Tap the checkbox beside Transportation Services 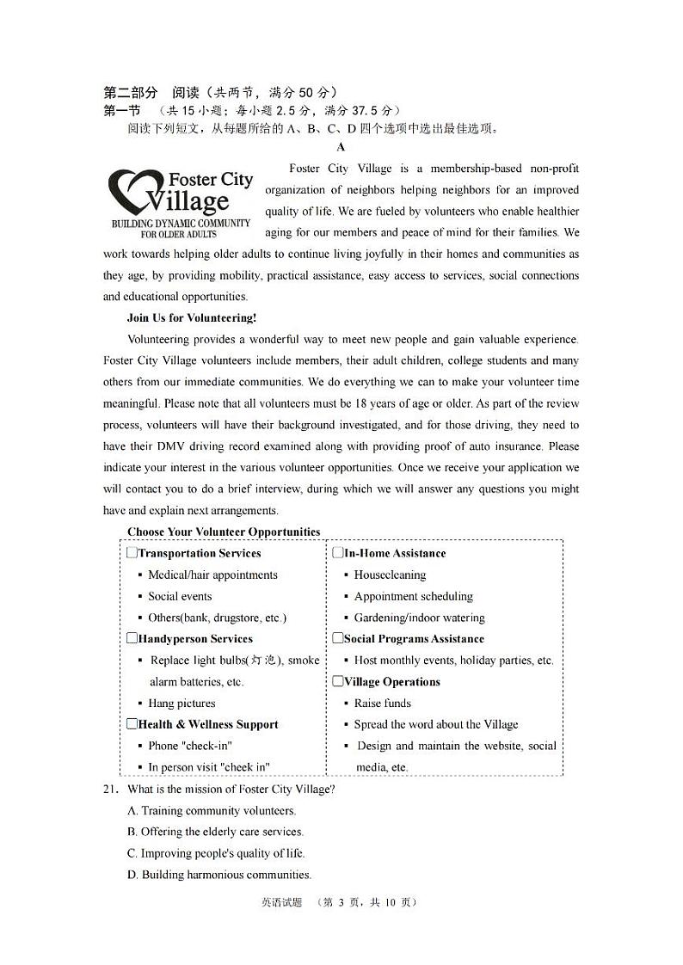132,553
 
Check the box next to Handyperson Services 132,638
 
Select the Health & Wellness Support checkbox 132,724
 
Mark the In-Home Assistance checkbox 338,553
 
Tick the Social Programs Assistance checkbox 338,638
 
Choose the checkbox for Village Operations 338,681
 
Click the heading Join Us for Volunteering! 192,317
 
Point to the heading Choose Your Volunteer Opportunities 224,532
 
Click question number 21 111,789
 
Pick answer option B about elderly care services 215,832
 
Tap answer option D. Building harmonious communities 219,875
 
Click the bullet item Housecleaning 390,575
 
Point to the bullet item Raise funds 383,703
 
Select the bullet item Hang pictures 182,703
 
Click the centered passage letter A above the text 341,147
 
